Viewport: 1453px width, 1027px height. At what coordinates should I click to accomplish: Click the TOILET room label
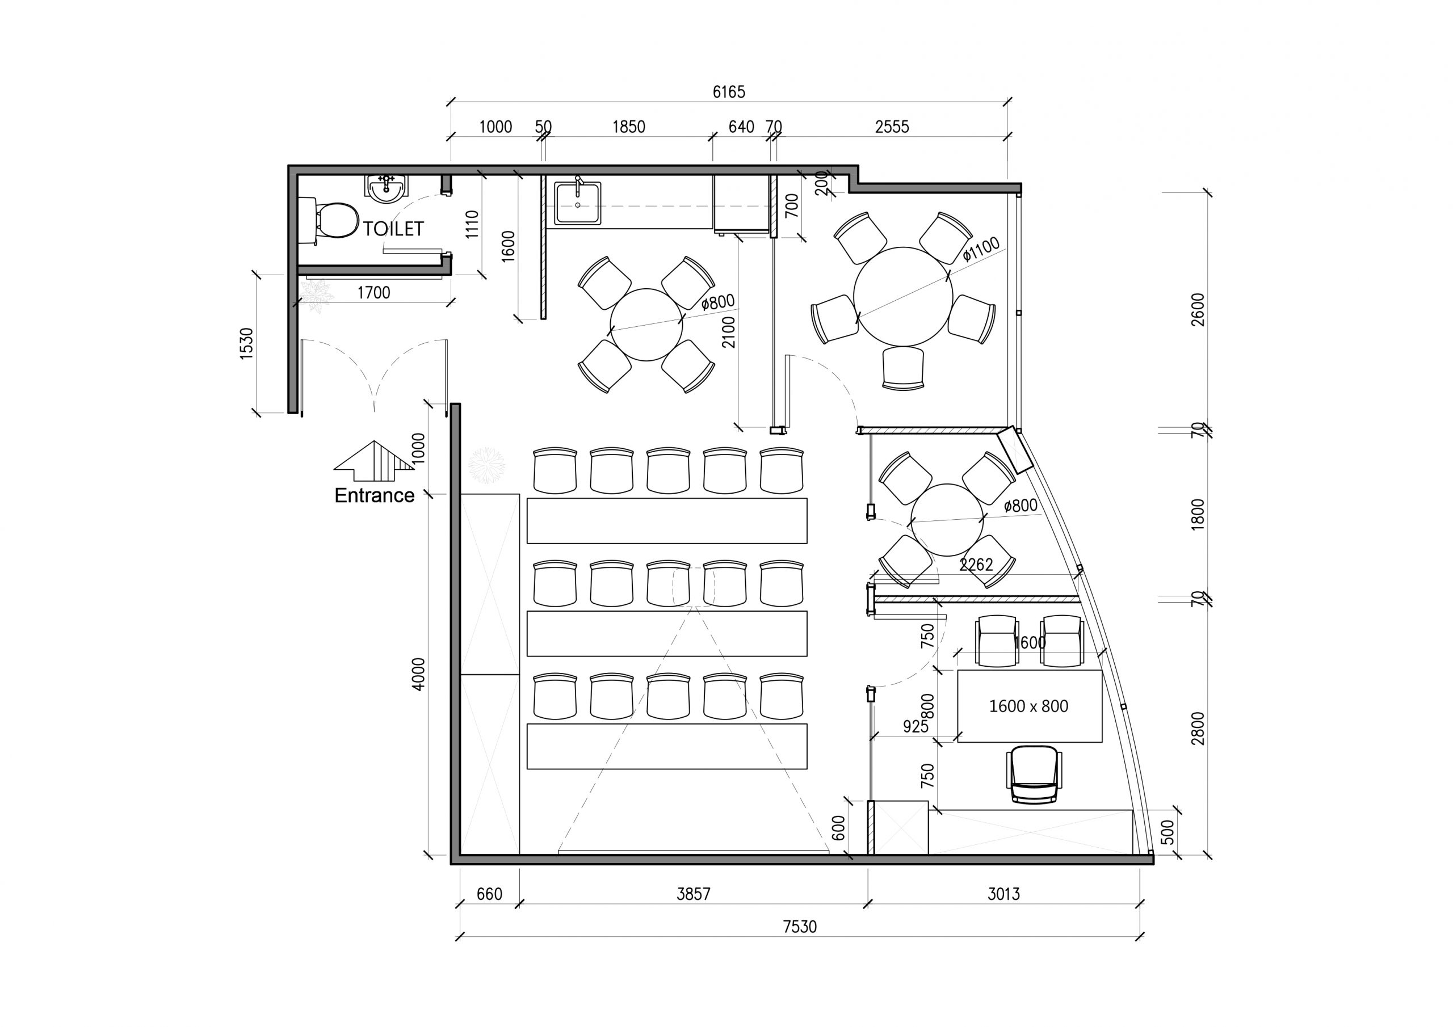[x=393, y=229]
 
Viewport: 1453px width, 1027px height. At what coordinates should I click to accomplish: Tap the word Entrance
[x=374, y=495]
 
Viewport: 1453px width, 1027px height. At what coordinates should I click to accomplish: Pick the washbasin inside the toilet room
[x=387, y=188]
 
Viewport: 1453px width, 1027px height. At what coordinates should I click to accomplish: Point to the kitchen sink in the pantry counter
[x=578, y=203]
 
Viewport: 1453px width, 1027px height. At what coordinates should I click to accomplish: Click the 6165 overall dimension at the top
[x=729, y=92]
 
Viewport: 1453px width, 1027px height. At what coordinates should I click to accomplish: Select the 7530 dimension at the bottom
[x=800, y=927]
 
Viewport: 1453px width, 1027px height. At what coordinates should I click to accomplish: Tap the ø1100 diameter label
[x=981, y=249]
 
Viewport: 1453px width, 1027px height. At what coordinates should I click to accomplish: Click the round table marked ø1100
[x=902, y=296]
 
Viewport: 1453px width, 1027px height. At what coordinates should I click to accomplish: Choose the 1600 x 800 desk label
[x=1028, y=706]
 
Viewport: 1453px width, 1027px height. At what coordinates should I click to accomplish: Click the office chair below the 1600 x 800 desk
[x=1034, y=775]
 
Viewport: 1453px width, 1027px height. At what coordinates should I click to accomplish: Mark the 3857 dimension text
[x=694, y=894]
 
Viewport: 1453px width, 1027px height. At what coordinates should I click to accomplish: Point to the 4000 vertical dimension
[x=419, y=674]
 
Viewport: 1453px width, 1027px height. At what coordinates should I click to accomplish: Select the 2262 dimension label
[x=976, y=565]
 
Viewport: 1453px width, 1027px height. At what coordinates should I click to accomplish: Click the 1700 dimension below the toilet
[x=373, y=292]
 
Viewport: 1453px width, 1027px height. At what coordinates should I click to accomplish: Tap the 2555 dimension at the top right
[x=892, y=127]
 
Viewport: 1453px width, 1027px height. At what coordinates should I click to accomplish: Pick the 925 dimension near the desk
[x=915, y=726]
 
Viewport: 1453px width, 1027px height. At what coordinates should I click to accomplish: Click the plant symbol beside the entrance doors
[x=316, y=295]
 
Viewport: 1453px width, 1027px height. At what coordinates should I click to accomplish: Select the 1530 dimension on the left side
[x=246, y=344]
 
